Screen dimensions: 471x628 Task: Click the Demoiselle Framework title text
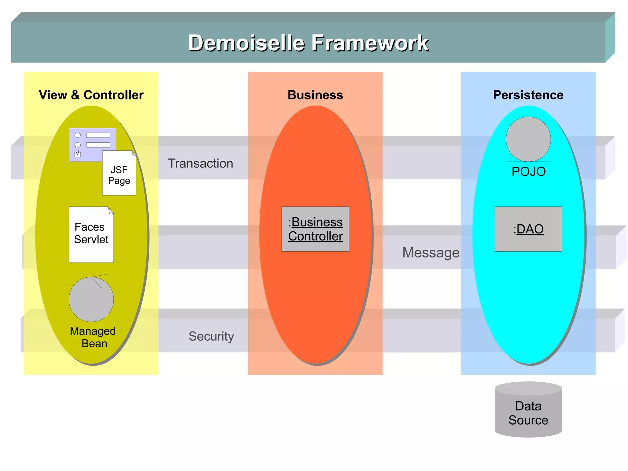click(308, 43)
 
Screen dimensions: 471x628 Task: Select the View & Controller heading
click(91, 95)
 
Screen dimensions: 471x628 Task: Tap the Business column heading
click(315, 95)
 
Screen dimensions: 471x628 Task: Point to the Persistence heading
click(528, 95)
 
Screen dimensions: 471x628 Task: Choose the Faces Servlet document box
click(91, 234)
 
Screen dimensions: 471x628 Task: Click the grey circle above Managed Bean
click(91, 299)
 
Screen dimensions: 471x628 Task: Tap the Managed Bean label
click(93, 337)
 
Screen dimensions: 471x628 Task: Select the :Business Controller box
click(315, 229)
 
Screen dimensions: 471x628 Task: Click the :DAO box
click(528, 229)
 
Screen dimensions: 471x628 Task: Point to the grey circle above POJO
click(528, 139)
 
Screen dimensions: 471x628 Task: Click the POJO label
click(529, 172)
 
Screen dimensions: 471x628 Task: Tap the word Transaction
click(201, 163)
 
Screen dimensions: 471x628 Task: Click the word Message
click(431, 253)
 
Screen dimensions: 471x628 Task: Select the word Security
click(211, 336)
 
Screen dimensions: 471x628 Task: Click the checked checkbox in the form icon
click(78, 154)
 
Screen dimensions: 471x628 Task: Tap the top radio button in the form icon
click(78, 135)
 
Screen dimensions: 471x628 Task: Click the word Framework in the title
click(370, 43)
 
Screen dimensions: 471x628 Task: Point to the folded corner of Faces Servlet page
click(111, 210)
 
